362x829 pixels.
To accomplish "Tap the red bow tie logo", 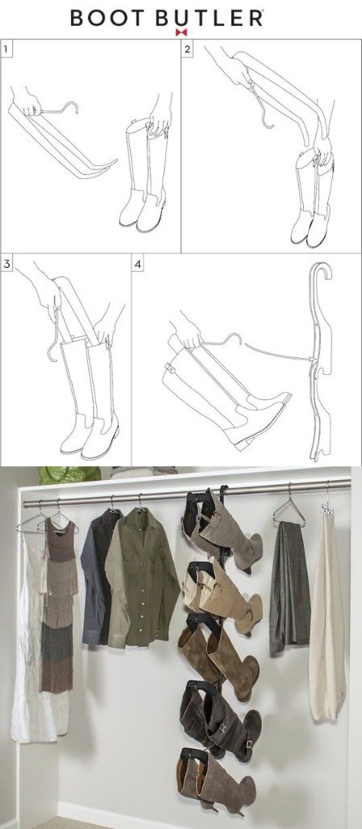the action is coord(181,32).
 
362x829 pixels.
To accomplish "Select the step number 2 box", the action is coord(188,50).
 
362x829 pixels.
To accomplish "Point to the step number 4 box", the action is coord(138,264).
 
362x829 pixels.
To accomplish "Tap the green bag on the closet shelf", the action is coord(69,474).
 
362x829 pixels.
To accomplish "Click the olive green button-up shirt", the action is coord(141,577).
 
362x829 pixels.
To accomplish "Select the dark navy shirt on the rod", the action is coord(98,577).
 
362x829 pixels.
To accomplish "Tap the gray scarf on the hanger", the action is coord(289,587).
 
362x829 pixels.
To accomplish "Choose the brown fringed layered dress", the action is coord(58,602).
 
